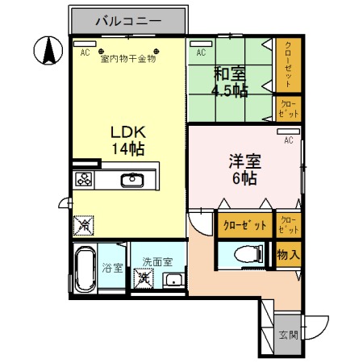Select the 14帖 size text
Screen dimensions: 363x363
[x=126, y=148]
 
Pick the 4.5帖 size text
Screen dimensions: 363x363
[x=228, y=90]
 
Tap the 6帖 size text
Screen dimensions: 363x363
[x=244, y=179]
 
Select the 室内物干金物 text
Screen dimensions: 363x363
[x=127, y=58]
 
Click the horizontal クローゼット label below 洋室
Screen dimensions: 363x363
[x=244, y=226]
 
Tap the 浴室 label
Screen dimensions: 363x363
[x=112, y=269]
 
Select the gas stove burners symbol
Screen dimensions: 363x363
[x=85, y=180]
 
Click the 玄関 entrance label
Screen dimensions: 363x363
[x=288, y=334]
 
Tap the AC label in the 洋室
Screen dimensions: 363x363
[x=287, y=140]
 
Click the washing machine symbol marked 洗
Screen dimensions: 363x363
[x=144, y=279]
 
